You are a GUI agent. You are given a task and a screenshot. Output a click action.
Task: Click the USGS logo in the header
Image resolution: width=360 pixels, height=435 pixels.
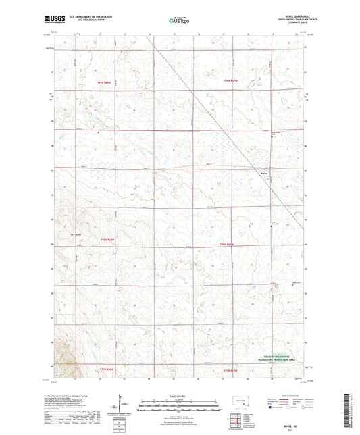[51, 20]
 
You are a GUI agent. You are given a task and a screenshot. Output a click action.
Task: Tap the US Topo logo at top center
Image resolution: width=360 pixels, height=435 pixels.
[180, 20]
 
